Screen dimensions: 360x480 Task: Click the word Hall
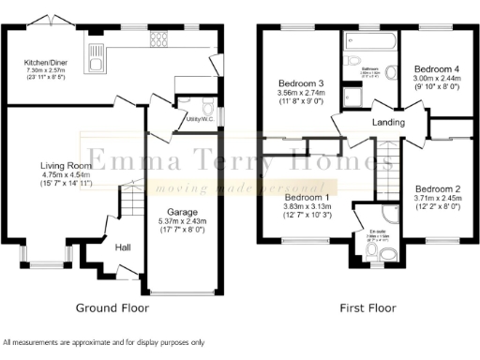tap(123, 248)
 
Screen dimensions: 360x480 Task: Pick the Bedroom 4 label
tap(437, 69)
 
